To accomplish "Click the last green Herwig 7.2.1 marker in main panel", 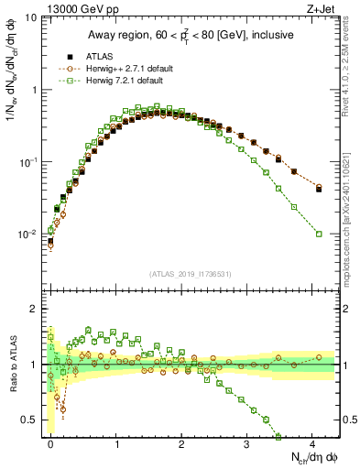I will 319,234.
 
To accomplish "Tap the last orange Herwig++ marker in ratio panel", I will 319,357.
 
